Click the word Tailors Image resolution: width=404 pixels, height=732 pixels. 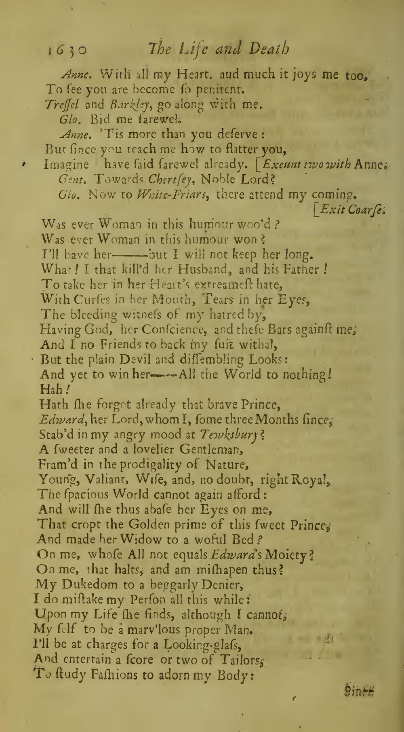click(x=241, y=660)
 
